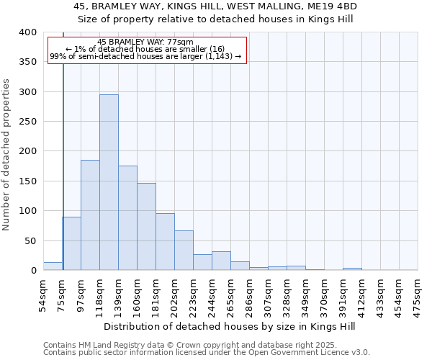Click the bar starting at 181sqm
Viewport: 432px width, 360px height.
(x=165, y=242)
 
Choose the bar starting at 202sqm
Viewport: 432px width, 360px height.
(x=184, y=251)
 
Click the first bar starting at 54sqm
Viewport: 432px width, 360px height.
(x=53, y=266)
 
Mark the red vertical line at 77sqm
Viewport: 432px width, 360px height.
(x=63, y=158)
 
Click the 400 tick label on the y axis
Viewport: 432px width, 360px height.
(x=27, y=32)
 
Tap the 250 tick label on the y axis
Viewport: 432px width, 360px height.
(x=27, y=122)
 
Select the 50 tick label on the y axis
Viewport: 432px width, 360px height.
(x=30, y=240)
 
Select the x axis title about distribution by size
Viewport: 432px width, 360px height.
(x=230, y=326)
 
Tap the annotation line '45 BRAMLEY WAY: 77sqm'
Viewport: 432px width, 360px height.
(x=145, y=42)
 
